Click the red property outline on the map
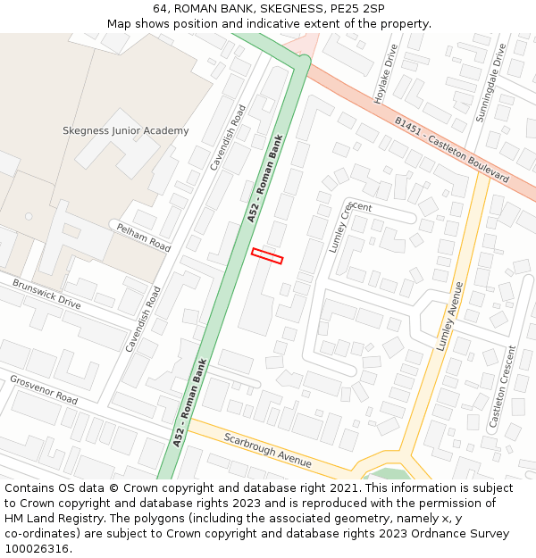pos(267,256)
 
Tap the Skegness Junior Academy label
pos(125,130)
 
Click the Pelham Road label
pos(143,237)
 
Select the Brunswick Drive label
pos(46,294)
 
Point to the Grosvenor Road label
pos(44,389)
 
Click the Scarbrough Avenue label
pos(267,450)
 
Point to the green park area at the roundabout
pos(389,474)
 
